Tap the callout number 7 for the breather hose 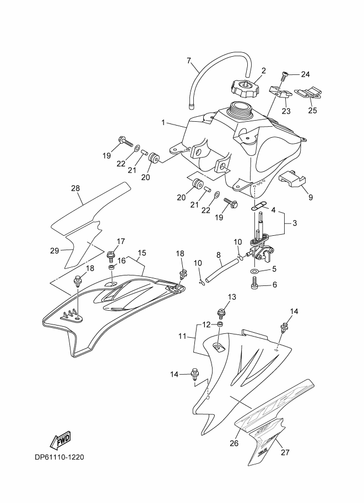pyautogui.click(x=189, y=60)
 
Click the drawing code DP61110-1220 pyautogui.click(x=59, y=457)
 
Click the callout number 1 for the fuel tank pyautogui.click(x=163, y=122)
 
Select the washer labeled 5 pyautogui.click(x=254, y=272)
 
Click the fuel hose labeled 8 pyautogui.click(x=222, y=271)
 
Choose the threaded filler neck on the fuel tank pyautogui.click(x=241, y=109)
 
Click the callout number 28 pyautogui.click(x=75, y=188)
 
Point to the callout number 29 pyautogui.click(x=55, y=250)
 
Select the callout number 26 pyautogui.click(x=235, y=443)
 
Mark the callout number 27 pyautogui.click(x=285, y=452)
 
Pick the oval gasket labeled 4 pyautogui.click(x=259, y=205)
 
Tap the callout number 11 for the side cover pyautogui.click(x=182, y=336)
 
